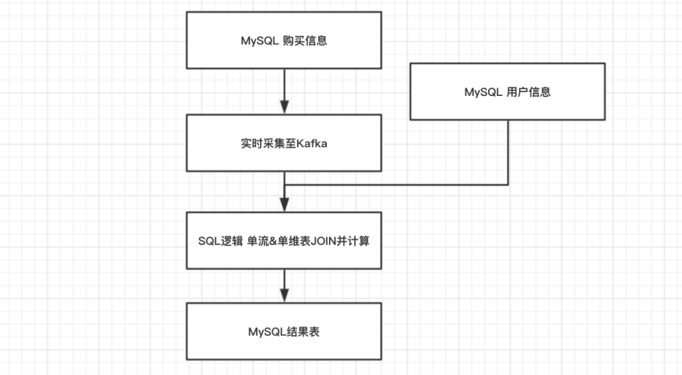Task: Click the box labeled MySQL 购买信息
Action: click(284, 40)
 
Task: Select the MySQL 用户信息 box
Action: click(507, 92)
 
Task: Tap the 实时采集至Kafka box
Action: click(284, 143)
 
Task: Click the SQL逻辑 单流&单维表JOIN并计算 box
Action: click(284, 241)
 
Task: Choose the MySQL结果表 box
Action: click(284, 331)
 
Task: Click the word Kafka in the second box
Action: click(312, 144)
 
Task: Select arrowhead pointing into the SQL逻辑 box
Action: click(284, 205)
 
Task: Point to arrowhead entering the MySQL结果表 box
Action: click(284, 295)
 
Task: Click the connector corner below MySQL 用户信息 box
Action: click(508, 185)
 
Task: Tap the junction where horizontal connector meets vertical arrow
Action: click(284, 185)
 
